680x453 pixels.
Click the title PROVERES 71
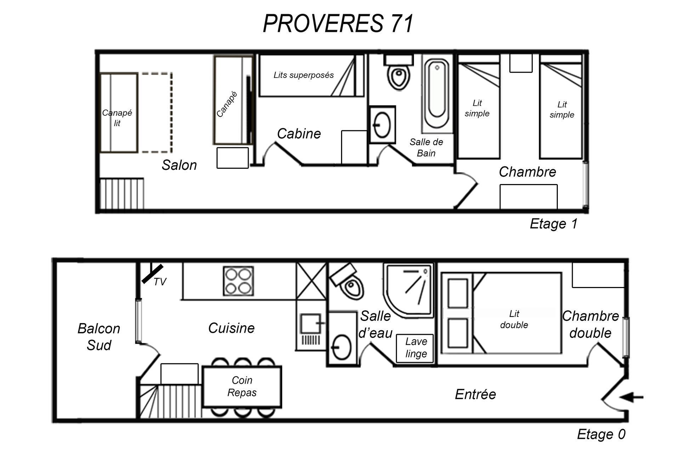tap(338, 24)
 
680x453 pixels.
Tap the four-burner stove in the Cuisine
tap(238, 281)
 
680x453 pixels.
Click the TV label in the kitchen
tap(160, 282)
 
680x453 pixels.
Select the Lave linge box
tap(415, 348)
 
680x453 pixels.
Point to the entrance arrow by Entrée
tap(631, 397)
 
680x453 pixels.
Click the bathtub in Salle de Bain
tap(437, 93)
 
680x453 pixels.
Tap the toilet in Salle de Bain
tap(399, 72)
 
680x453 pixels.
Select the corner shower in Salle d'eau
tap(408, 291)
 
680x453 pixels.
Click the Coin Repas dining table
tap(242, 386)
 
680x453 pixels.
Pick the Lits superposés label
tap(304, 75)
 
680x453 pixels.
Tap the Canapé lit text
tap(117, 118)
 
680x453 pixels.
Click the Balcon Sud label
tap(99, 337)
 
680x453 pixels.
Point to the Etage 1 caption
tap(554, 224)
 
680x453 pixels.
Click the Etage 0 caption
tap(601, 434)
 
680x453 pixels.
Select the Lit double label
tap(514, 319)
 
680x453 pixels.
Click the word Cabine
tap(299, 134)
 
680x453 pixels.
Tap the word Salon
tap(179, 165)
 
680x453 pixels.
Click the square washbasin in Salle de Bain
tap(382, 125)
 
